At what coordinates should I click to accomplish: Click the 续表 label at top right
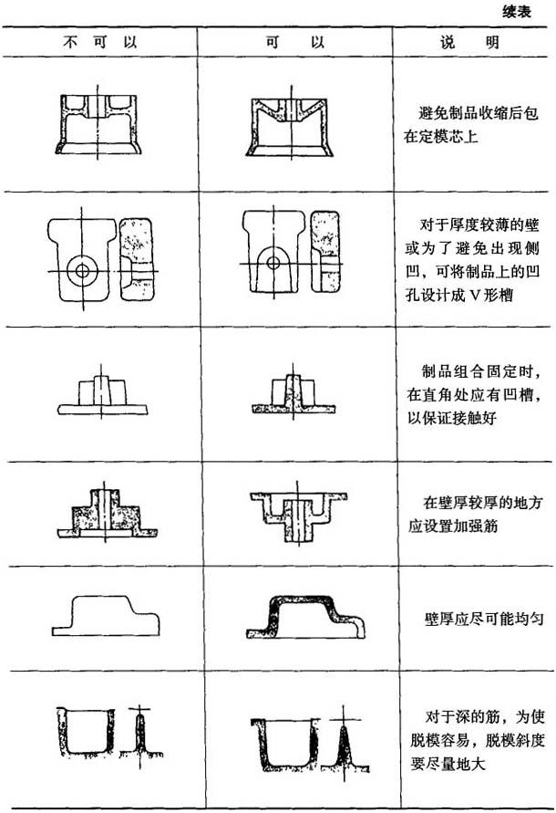(517, 12)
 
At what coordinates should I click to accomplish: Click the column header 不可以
(99, 41)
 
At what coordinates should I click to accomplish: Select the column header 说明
(469, 41)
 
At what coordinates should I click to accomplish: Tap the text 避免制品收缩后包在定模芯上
(471, 124)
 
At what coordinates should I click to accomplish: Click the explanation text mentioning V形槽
(472, 260)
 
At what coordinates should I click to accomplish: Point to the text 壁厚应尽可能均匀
(484, 618)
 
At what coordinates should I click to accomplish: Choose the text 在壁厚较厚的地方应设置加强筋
(475, 515)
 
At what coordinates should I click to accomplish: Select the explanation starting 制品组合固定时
(475, 394)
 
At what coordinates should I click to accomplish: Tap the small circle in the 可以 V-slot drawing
(273, 263)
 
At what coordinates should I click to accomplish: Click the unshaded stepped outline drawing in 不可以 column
(106, 616)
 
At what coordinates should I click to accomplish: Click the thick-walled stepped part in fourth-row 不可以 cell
(107, 514)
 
